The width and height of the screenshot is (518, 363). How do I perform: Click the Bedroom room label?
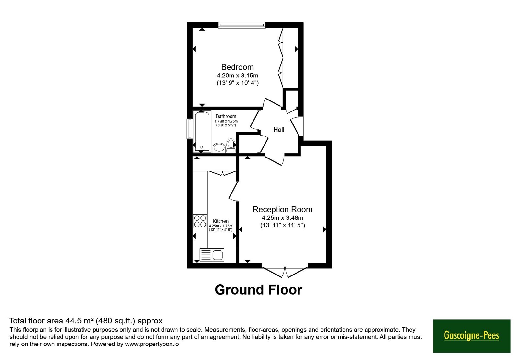pyautogui.click(x=238, y=67)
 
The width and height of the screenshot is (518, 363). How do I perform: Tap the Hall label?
pyautogui.click(x=279, y=130)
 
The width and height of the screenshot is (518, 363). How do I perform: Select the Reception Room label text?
pyautogui.click(x=282, y=209)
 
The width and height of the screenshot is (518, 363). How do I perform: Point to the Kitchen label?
pyautogui.click(x=220, y=221)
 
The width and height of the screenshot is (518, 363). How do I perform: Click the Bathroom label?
pyautogui.click(x=226, y=116)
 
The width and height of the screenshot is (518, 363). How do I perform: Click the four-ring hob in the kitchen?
pyautogui.click(x=200, y=221)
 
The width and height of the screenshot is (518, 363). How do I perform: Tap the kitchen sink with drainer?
pyautogui.click(x=212, y=255)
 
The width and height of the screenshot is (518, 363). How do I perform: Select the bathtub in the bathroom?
pyautogui.click(x=202, y=131)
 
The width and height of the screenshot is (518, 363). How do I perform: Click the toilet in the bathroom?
pyautogui.click(x=231, y=146)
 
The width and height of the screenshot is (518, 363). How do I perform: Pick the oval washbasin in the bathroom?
pyautogui.click(x=219, y=148)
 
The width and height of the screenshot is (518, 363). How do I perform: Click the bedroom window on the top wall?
pyautogui.click(x=242, y=25)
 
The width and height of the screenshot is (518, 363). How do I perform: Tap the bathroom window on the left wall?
pyautogui.click(x=190, y=128)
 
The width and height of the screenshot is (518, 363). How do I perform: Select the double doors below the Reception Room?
pyautogui.click(x=285, y=272)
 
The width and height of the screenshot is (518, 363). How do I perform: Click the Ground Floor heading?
pyautogui.click(x=259, y=290)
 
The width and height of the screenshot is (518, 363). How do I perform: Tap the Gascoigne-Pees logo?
pyautogui.click(x=471, y=336)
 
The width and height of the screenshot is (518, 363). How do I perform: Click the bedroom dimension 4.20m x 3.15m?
pyautogui.click(x=238, y=76)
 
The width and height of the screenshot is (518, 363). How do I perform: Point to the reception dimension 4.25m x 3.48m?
pyautogui.click(x=282, y=218)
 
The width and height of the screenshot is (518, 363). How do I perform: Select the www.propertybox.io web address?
pyautogui.click(x=152, y=344)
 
